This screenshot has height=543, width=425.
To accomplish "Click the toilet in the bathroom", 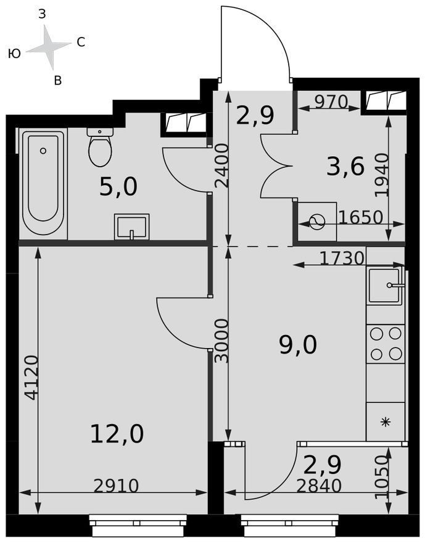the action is pos(100,147).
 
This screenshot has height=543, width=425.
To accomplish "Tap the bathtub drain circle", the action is pos(43,151).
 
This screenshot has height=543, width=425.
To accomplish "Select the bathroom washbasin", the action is pos(132,227).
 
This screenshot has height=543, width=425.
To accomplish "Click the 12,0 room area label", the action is pos(117,434).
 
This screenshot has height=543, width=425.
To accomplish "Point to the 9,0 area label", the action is pos(298,346).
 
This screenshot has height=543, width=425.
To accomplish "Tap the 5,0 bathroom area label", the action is pos(118,186).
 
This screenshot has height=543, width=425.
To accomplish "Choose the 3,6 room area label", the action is pos(346,167).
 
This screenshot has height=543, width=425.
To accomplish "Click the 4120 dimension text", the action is pos(32,378).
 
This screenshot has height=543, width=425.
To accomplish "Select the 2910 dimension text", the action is pos(117,486).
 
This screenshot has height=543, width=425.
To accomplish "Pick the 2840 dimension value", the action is pos(319,486).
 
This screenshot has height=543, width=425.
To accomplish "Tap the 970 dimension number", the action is pos(331,102).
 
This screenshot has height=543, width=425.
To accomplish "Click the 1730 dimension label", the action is pos(342,258).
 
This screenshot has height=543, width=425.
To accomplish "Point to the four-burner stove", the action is pos(386,344).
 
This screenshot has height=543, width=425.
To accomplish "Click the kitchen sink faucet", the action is pos(395,285).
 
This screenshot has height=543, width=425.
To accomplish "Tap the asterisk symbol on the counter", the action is pos(385,422).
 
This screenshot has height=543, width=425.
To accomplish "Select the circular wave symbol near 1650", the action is pos(317,222).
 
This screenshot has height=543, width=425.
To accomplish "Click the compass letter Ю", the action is pos(15,54).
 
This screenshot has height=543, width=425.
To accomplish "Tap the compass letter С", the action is pos(81,42).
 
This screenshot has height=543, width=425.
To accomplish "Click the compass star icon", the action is pos(49,47).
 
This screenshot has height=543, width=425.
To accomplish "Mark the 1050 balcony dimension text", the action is pos(382,477).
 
